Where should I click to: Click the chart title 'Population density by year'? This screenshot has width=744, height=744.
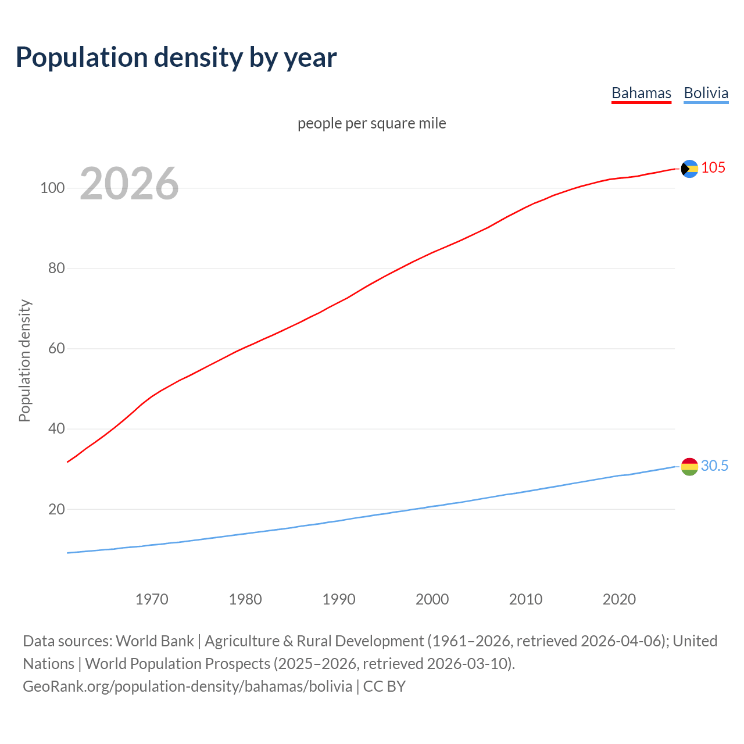pyautogui.click(x=176, y=58)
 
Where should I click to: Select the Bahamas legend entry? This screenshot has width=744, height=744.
pyautogui.click(x=641, y=93)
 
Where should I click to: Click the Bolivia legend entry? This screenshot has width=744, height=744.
pyautogui.click(x=706, y=93)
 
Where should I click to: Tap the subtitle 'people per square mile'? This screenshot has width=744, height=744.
pyautogui.click(x=372, y=123)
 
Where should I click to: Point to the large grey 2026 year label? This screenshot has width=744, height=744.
pyautogui.click(x=129, y=184)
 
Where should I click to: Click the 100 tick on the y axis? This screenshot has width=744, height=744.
pyautogui.click(x=52, y=188)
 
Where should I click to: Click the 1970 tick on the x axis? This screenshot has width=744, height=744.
pyautogui.click(x=152, y=599)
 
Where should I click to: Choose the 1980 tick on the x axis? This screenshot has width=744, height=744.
pyautogui.click(x=245, y=599)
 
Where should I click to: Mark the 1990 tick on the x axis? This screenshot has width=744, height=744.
pyautogui.click(x=339, y=599)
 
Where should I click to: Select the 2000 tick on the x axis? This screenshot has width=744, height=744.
pyautogui.click(x=432, y=599)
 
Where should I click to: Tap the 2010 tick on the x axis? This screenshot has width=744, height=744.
pyautogui.click(x=526, y=599)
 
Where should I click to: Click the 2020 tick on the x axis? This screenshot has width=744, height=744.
pyautogui.click(x=620, y=599)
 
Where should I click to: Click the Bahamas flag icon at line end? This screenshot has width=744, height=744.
pyautogui.click(x=689, y=169)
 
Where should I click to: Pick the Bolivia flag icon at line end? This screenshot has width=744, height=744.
pyautogui.click(x=689, y=466)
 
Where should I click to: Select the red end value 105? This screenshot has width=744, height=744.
pyautogui.click(x=713, y=168)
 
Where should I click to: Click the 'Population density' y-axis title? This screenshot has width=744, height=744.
pyautogui.click(x=24, y=360)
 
